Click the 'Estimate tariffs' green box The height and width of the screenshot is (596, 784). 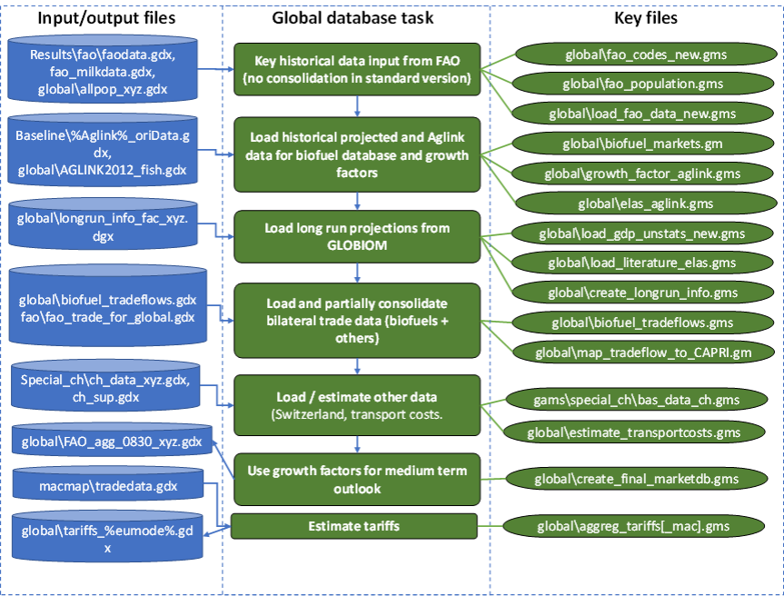(354, 525)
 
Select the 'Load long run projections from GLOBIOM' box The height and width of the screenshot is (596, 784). (357, 236)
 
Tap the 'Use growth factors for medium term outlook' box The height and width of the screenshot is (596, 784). (357, 478)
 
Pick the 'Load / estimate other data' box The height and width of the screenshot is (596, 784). (357, 405)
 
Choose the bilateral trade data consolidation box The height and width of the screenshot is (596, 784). (357, 320)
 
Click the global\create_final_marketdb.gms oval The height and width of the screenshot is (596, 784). (636, 478)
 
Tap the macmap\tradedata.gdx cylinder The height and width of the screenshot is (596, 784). (109, 487)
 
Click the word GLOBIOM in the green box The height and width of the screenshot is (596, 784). (357, 244)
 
